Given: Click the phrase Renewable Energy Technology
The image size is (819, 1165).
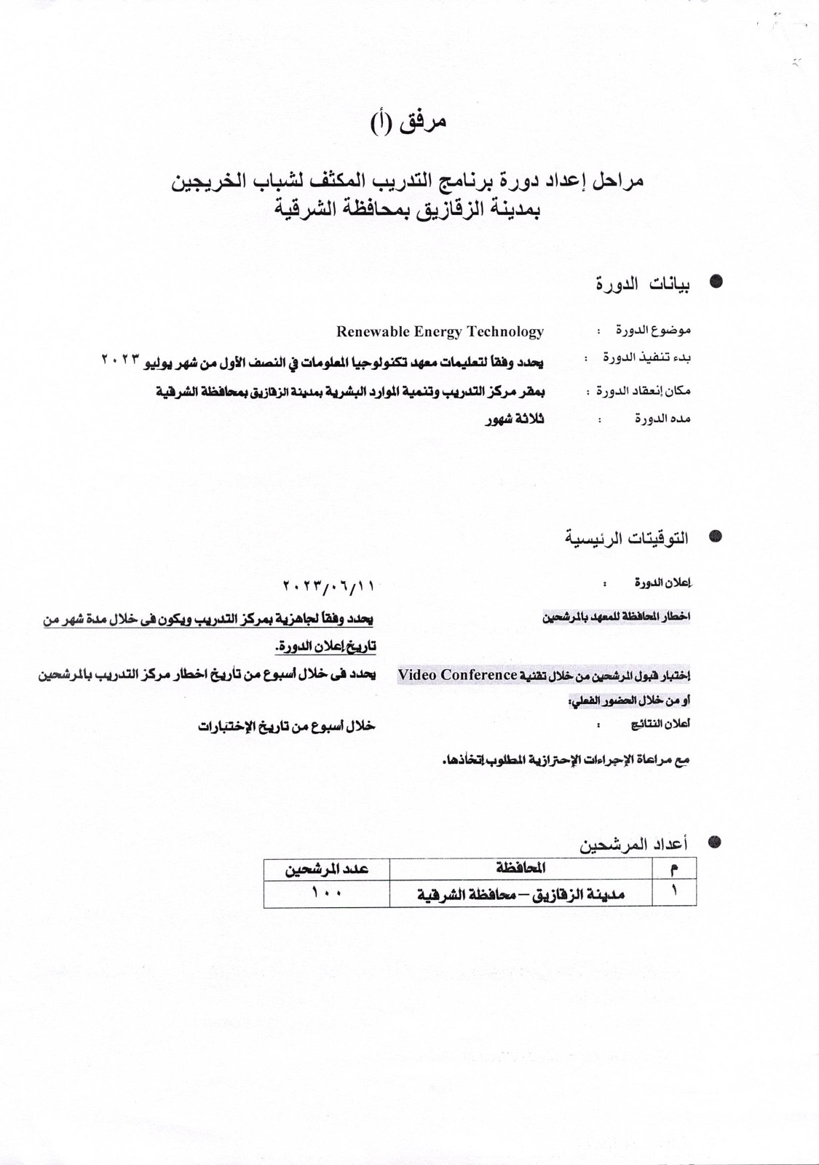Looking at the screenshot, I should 440,332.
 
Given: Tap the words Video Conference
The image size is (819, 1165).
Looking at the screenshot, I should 457,675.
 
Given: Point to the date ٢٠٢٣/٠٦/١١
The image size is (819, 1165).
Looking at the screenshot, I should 331,585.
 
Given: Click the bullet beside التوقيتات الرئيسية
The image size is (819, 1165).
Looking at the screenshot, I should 716,537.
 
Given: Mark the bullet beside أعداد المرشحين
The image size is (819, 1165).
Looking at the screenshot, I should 716,842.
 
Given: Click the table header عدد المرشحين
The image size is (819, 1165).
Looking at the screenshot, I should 326,869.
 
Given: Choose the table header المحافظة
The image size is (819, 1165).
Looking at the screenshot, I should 521,869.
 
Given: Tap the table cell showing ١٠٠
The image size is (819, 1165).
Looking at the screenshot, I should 326,893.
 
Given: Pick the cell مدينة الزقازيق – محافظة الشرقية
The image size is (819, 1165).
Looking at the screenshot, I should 521,894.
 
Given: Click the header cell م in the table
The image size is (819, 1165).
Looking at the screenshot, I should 673,869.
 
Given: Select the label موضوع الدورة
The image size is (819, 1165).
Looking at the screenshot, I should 654,331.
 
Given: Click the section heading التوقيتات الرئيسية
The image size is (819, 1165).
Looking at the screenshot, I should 627,539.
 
